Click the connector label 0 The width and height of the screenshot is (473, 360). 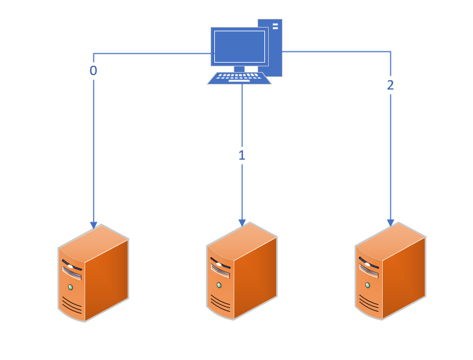[93, 71]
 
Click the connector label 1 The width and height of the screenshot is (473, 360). [242, 155]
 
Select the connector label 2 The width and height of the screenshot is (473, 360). [390, 85]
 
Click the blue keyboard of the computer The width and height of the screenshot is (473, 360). [239, 78]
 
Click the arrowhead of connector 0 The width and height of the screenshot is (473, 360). [93, 224]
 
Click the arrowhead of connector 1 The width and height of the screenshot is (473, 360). [242, 222]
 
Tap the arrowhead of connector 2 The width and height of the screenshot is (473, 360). [390, 222]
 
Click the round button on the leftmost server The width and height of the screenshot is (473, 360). [70, 287]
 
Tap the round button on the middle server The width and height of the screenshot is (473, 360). [219, 285]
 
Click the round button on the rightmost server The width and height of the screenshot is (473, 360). [367, 285]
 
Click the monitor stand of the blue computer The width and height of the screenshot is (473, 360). [239, 68]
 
